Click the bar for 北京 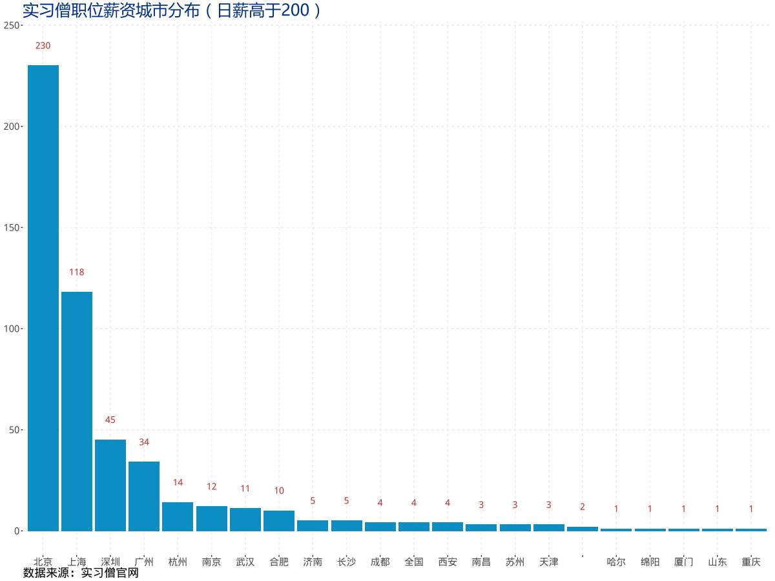point(43,297)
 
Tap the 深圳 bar point(110,485)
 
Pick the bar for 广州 point(144,496)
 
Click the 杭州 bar point(178,516)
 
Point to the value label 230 point(43,46)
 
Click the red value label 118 point(77,272)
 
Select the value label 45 point(110,420)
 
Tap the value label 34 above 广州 point(144,442)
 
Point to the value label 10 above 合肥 point(279,491)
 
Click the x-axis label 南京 point(211,562)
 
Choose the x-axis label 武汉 point(245,562)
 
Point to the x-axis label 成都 point(380,562)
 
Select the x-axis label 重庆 point(751,562)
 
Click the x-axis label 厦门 point(683,562)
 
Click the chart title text point(172,10)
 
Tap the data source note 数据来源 point(81,573)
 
